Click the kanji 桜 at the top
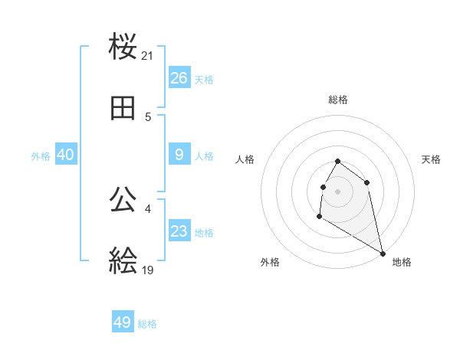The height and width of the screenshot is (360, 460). (x=123, y=47)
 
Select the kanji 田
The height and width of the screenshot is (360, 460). (x=123, y=109)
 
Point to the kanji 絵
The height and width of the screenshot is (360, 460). (x=123, y=261)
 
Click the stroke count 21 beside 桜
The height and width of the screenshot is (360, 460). (x=148, y=56)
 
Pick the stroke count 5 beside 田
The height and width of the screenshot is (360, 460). (x=148, y=117)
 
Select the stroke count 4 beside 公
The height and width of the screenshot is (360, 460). (x=148, y=208)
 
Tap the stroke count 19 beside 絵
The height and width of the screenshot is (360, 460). (x=148, y=270)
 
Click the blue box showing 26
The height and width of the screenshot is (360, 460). (x=179, y=78)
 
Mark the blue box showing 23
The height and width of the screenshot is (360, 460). (x=179, y=231)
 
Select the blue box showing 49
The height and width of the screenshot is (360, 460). (x=123, y=322)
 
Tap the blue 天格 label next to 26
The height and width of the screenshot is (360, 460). (x=204, y=80)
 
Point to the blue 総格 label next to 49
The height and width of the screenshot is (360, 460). (x=147, y=324)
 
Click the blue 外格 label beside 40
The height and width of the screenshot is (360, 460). (x=41, y=156)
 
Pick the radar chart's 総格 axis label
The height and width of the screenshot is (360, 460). (x=338, y=100)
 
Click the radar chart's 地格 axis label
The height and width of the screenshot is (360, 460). (x=402, y=263)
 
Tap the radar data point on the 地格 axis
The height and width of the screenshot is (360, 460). (x=383, y=253)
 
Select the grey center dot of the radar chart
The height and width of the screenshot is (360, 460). (x=338, y=191)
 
